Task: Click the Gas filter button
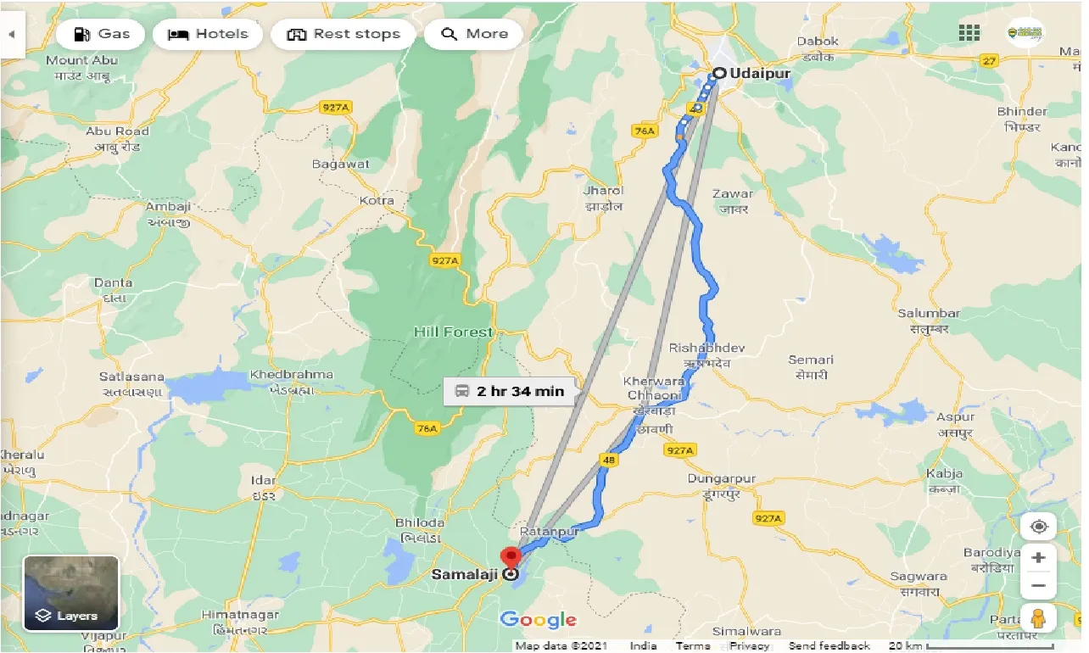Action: pos(102,34)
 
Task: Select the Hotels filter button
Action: pos(208,34)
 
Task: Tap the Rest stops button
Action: pos(343,34)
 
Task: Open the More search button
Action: pos(473,34)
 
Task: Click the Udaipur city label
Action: pos(761,74)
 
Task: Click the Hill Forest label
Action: pos(453,332)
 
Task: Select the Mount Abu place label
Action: pos(83,61)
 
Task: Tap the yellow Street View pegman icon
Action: pos(1038,619)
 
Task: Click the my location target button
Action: pos(1038,527)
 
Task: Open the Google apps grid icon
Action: pos(969,33)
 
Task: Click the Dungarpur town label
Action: pos(721,480)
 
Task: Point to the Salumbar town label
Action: pos(929,314)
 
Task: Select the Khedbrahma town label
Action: pos(291,375)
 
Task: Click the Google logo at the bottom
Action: pos(538,620)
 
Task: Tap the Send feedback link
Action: pos(829,646)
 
